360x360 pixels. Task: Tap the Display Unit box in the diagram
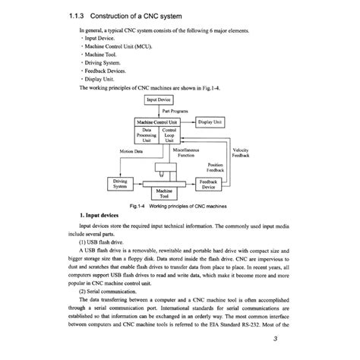pos(210,122)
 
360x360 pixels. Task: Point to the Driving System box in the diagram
pos(121,184)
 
